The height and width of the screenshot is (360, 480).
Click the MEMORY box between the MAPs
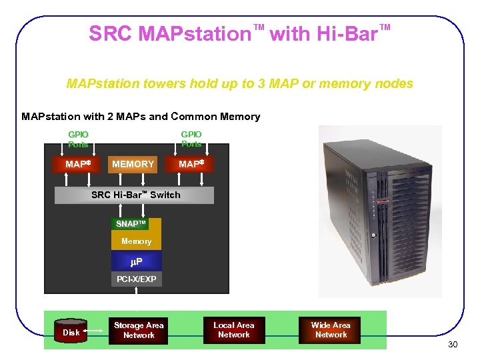point(133,164)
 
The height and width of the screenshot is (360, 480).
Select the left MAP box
point(79,164)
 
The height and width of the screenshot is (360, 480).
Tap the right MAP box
point(191,164)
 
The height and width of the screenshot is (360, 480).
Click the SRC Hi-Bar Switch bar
point(135,195)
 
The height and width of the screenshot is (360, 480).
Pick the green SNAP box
point(130,224)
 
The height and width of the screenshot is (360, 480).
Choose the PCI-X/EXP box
point(136,279)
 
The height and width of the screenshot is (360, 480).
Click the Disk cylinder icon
point(71,331)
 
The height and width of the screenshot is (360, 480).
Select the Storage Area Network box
point(139,331)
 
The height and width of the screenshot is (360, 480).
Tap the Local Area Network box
point(233,330)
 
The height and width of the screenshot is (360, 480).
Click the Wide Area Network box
point(331,330)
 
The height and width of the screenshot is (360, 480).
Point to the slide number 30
point(453,345)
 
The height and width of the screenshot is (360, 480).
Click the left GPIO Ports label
point(79,139)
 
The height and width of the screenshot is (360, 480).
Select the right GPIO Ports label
point(191,139)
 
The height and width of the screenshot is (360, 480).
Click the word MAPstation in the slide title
point(193,34)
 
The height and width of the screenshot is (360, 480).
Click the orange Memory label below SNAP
point(136,241)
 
